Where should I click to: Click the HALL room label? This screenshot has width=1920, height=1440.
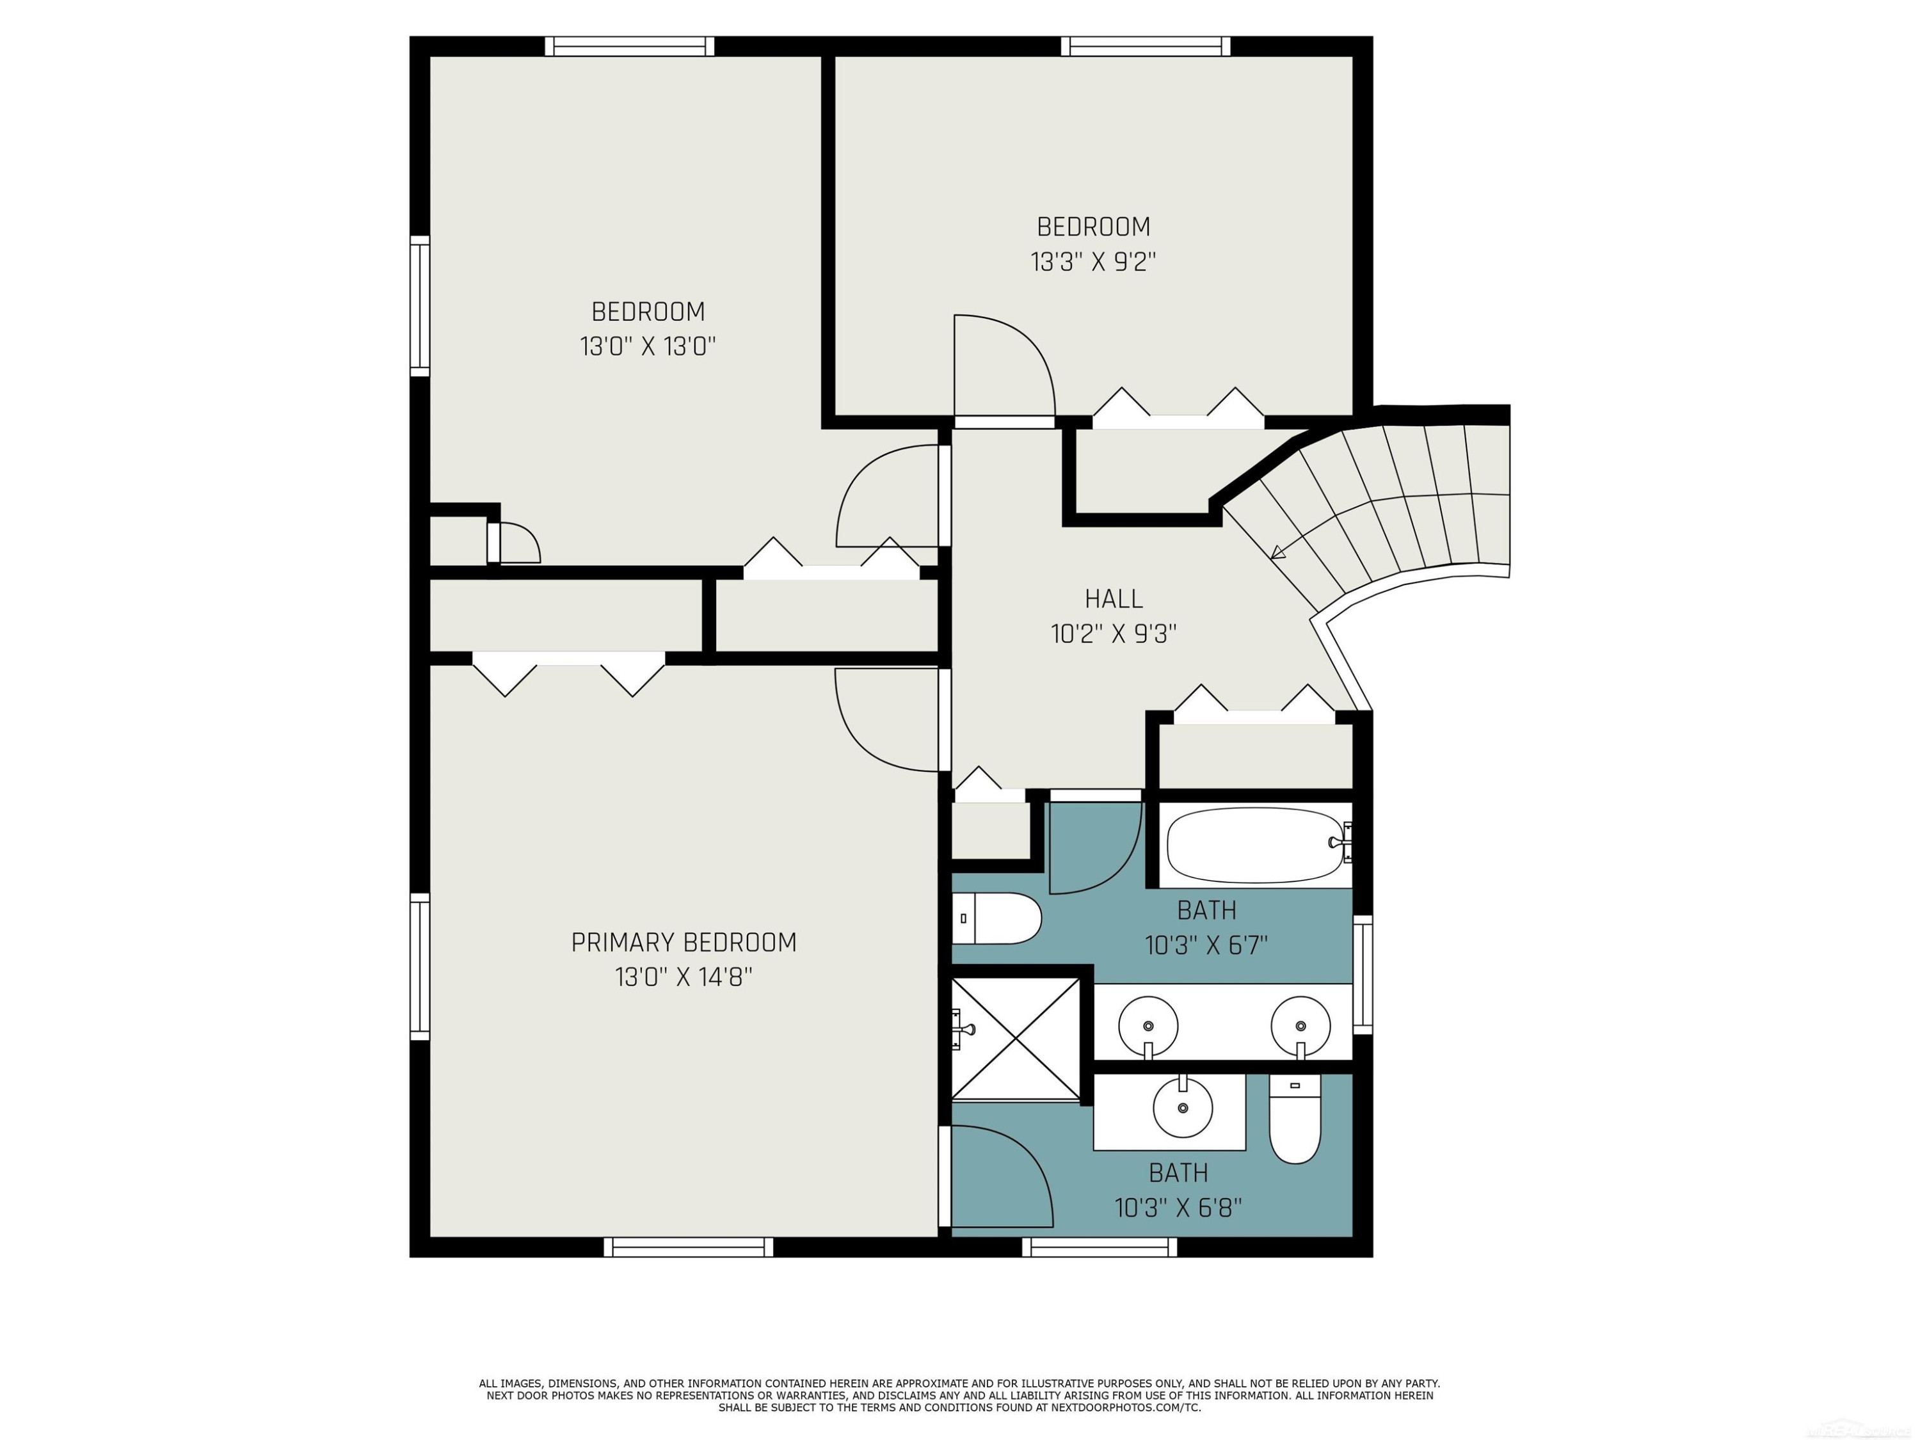tap(1114, 599)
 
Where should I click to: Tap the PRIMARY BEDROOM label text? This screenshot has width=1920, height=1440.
tap(684, 943)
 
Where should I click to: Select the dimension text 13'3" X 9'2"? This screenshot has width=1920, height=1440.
tap(1094, 262)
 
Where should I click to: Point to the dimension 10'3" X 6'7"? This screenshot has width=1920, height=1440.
tap(1206, 945)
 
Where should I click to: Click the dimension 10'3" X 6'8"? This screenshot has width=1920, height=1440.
tap(1178, 1208)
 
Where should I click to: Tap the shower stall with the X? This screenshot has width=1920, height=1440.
tap(1016, 1039)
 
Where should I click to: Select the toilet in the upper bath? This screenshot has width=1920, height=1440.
tap(996, 918)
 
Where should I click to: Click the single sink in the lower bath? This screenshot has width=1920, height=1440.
tap(1182, 1108)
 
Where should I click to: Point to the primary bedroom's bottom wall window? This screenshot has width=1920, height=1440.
tap(688, 1247)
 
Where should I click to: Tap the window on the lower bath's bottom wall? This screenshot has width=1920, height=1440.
tap(1100, 1247)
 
